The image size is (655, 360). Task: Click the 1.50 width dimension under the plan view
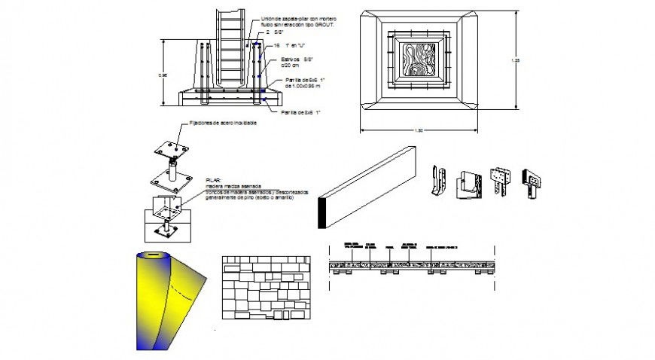coord(419,131)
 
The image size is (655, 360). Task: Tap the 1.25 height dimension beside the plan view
coord(516,59)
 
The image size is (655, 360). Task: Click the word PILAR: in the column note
coord(213,181)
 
